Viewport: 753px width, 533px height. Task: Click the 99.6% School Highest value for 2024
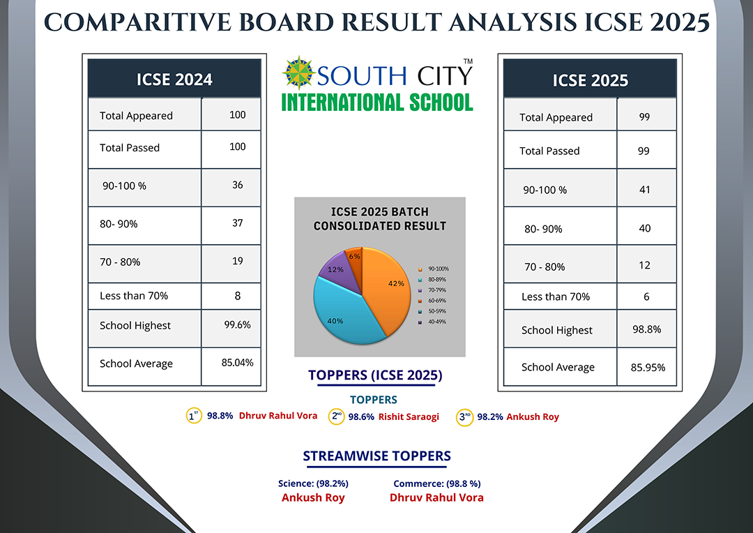click(237, 325)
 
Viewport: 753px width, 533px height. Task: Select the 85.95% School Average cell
click(648, 368)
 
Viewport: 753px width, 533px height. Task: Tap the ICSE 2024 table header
click(174, 79)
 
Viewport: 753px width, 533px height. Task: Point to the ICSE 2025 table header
click(591, 80)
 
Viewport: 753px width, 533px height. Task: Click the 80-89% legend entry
click(433, 279)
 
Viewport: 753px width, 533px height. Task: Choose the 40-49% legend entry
click(433, 322)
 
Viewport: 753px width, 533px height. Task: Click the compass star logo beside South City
click(298, 73)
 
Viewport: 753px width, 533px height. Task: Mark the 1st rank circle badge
click(194, 416)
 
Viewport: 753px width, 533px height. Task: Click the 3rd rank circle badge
click(464, 417)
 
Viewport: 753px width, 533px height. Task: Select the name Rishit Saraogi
click(409, 416)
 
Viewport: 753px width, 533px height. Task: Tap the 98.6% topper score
click(361, 416)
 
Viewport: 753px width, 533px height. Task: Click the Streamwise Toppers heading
click(377, 456)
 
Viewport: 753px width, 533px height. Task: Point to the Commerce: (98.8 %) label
click(437, 483)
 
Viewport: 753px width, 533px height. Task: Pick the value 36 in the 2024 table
click(237, 185)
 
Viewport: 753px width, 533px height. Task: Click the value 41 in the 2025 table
click(644, 190)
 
